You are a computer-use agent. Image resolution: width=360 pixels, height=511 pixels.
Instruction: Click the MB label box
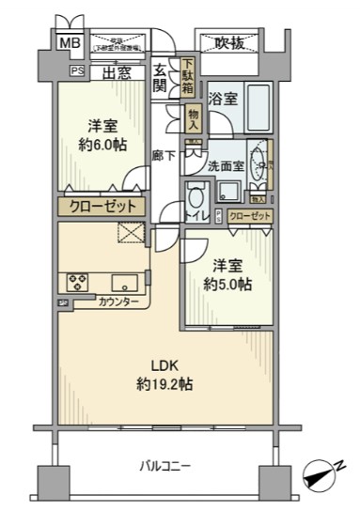pos(70,43)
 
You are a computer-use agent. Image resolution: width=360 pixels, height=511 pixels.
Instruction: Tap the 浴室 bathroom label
pos(222,98)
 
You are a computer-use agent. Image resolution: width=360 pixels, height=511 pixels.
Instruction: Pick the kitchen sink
pos(125,281)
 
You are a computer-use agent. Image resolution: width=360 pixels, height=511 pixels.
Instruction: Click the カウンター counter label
pos(118,302)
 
